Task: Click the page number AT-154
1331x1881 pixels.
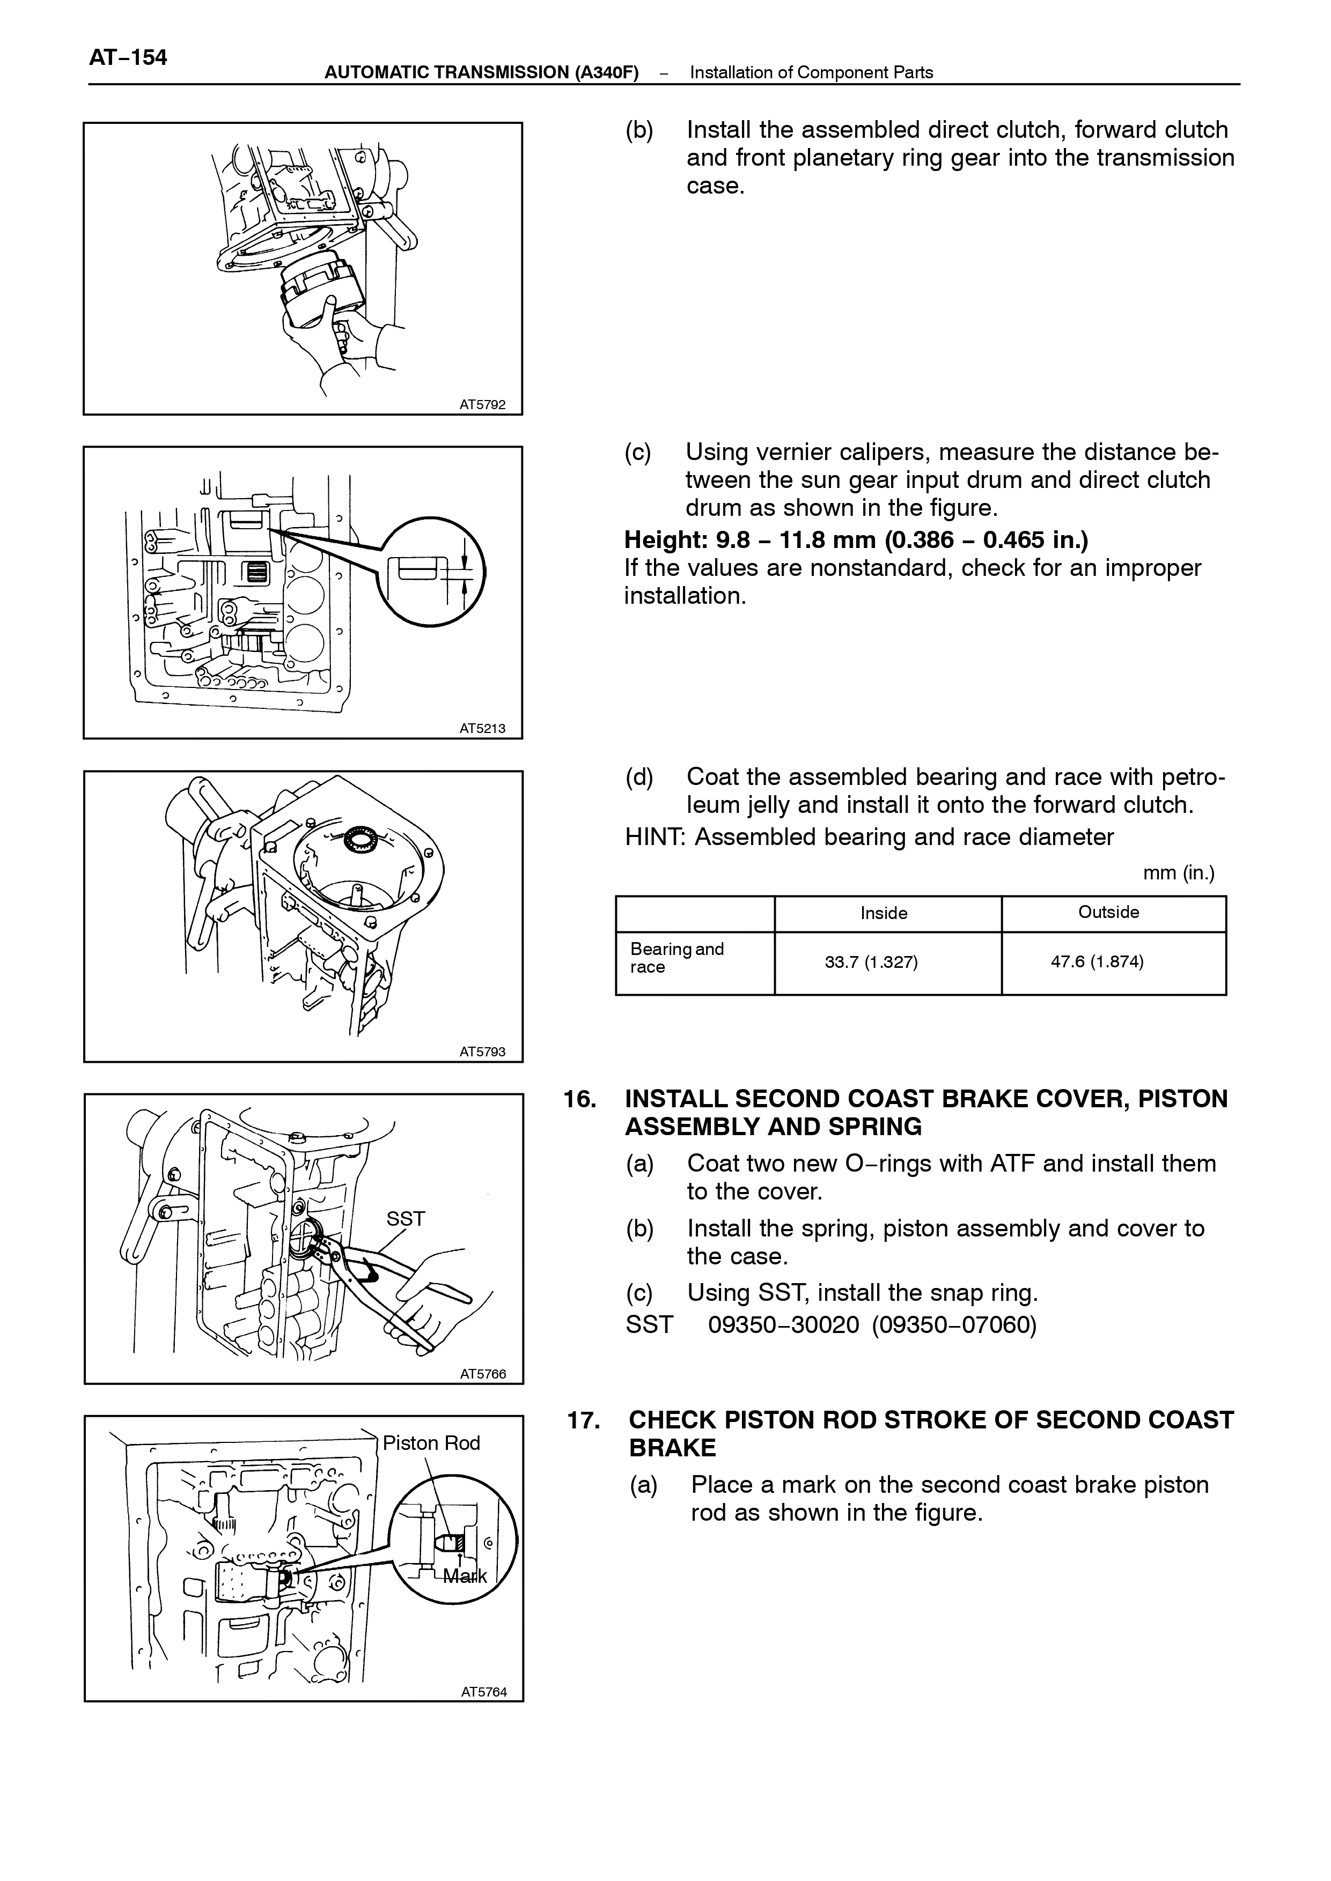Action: pyautogui.click(x=128, y=57)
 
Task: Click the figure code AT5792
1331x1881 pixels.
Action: pyautogui.click(x=483, y=404)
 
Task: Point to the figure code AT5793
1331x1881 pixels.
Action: pyautogui.click(x=483, y=1051)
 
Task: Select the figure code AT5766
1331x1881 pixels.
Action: pyautogui.click(x=483, y=1374)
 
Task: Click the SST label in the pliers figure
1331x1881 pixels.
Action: pyautogui.click(x=406, y=1219)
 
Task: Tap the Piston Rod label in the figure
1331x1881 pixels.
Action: pyautogui.click(x=431, y=1443)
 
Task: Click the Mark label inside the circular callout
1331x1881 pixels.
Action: pyautogui.click(x=465, y=1575)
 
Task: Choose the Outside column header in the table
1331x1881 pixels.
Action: pyautogui.click(x=1109, y=913)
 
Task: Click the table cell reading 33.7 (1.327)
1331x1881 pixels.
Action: pyautogui.click(x=871, y=962)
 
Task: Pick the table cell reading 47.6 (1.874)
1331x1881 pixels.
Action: pyautogui.click(x=1098, y=962)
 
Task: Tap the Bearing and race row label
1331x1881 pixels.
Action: pyautogui.click(x=677, y=958)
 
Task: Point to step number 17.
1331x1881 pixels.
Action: pyautogui.click(x=584, y=1420)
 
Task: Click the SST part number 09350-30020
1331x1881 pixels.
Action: pyautogui.click(x=783, y=1325)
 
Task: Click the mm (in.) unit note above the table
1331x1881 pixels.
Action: pyautogui.click(x=1179, y=873)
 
